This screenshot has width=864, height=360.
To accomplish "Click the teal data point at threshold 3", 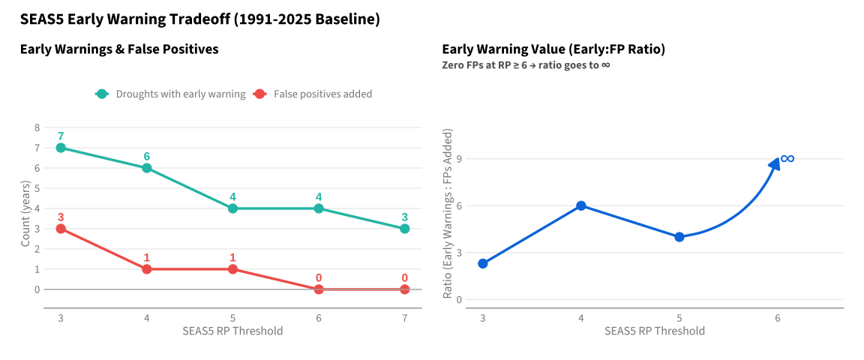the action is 61,148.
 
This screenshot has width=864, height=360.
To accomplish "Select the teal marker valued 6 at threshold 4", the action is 146,168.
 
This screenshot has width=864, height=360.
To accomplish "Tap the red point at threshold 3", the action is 61,229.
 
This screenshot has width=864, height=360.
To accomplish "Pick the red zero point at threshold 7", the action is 404,289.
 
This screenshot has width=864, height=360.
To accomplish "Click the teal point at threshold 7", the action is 404,229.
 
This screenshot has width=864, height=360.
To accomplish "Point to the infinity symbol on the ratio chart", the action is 787,159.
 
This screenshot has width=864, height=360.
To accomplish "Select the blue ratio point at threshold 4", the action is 580,205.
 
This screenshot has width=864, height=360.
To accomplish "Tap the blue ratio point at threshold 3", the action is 483,263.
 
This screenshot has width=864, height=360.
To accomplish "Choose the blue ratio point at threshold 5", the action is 679,237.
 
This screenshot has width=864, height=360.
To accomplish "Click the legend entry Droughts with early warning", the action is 170,94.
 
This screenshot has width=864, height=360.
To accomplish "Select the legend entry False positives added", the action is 313,94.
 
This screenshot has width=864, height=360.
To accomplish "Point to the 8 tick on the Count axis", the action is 37,127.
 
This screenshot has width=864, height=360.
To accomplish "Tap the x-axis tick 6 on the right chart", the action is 778,318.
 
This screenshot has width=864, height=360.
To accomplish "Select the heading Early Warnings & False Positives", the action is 119,49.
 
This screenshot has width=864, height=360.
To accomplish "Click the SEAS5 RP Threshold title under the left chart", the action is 232,331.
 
